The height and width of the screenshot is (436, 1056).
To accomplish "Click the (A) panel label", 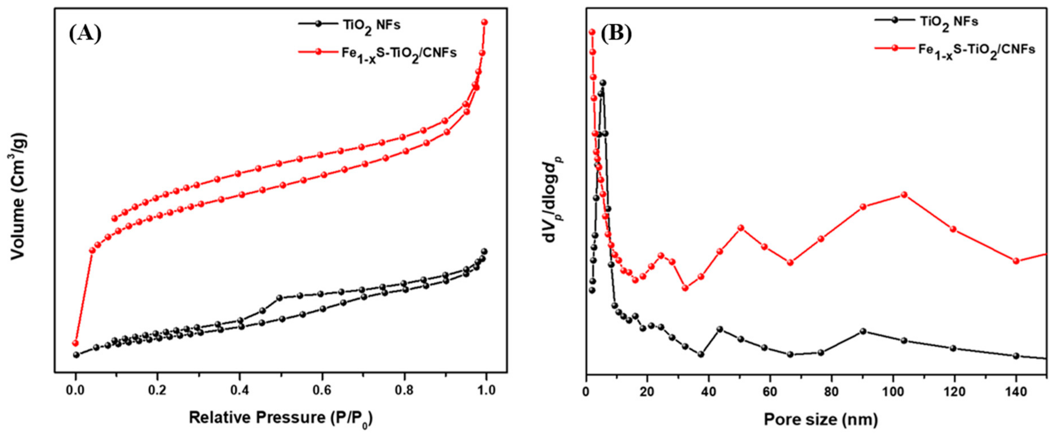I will click(85, 34).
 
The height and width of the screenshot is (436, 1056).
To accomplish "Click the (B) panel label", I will click(616, 34).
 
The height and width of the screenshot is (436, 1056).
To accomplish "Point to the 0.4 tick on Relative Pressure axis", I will click(240, 391).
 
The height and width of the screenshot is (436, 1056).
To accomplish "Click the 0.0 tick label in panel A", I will click(76, 391).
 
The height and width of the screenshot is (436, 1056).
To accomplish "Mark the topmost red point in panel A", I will click(484, 22).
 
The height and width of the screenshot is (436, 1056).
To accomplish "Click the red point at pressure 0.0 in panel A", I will click(75, 343).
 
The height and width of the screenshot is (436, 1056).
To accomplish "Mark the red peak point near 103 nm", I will click(904, 194).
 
